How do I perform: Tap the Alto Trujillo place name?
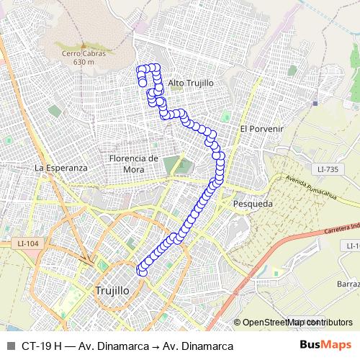pos(190,83)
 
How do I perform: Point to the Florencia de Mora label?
pos(133,163)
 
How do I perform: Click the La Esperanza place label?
pos(60,167)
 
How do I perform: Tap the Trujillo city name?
pos(112,290)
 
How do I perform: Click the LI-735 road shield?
pos(327,168)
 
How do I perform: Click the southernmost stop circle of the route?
pos(142,272)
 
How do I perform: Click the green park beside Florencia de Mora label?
pos(171,165)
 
